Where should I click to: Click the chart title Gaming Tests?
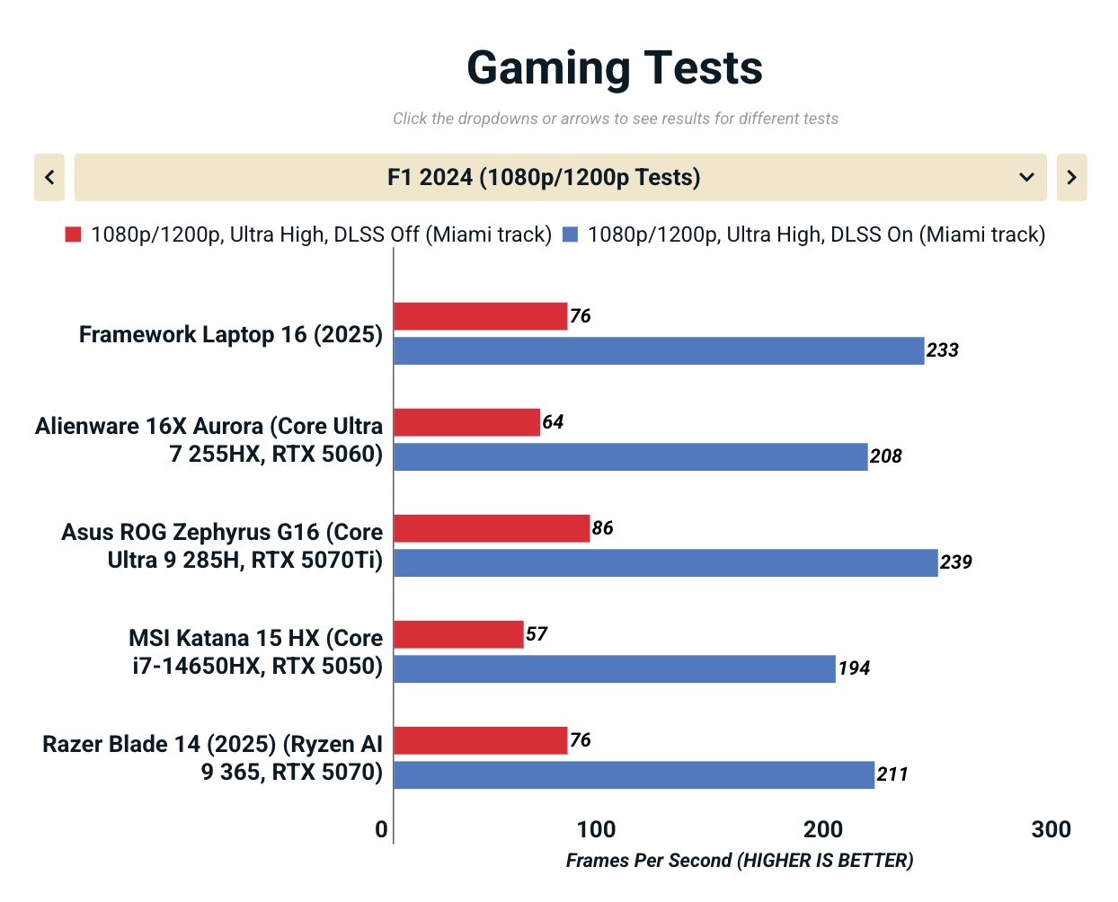point(615,68)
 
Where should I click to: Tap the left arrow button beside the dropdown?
point(49,177)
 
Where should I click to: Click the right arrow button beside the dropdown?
point(1071,177)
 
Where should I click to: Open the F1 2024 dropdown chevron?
point(1026,177)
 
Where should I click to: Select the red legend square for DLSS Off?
point(74,234)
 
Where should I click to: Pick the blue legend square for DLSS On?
point(570,234)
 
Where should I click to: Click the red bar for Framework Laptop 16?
point(481,316)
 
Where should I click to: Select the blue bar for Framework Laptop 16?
point(659,350)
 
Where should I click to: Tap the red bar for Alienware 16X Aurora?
point(467,422)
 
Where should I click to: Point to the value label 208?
point(886,456)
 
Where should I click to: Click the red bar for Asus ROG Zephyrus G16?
point(492,528)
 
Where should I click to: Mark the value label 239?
point(956,562)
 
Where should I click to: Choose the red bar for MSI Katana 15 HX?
point(458,634)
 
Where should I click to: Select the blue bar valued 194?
point(615,668)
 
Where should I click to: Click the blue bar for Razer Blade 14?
point(634,774)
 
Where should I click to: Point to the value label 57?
point(537,634)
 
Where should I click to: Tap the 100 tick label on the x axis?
point(596,829)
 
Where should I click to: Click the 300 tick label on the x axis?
point(1051,829)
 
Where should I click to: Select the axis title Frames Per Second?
point(739,861)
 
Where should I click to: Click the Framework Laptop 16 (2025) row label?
point(231,334)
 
